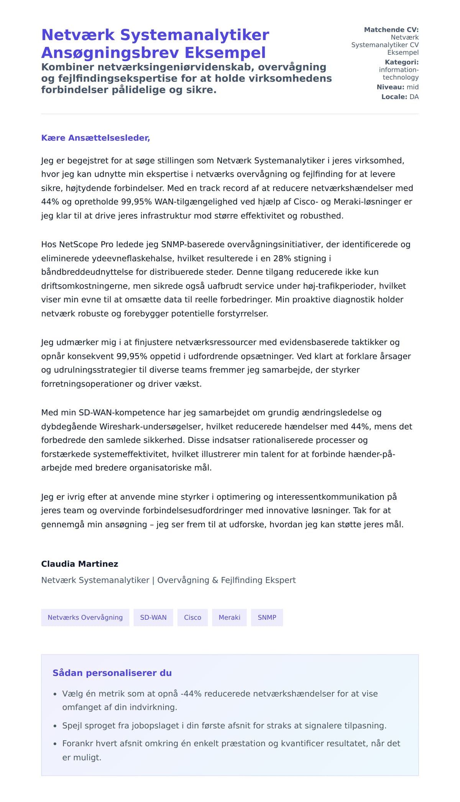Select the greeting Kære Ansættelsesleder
coord(95,138)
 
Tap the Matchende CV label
coord(391,30)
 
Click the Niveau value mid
coord(412,87)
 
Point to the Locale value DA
coord(414,97)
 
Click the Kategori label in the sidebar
coord(401,62)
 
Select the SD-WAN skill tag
coord(153,617)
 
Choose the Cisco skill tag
coord(192,617)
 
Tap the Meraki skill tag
coord(229,617)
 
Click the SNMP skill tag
coord(267,617)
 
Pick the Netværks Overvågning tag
coord(85,617)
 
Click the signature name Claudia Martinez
coord(80,564)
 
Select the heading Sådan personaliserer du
coord(112,673)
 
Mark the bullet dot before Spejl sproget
coord(55,726)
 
